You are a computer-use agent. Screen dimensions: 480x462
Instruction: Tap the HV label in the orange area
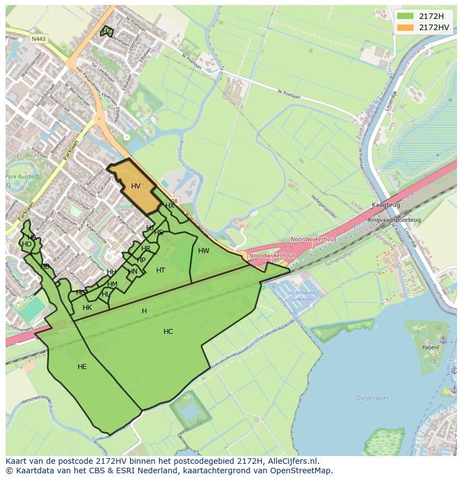tap(136, 186)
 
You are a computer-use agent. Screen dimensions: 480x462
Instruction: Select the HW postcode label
tap(204, 251)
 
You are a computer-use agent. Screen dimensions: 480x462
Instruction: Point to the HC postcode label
tap(168, 332)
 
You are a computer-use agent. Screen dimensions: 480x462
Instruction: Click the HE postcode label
tap(82, 367)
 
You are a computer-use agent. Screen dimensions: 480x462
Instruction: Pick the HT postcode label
tap(161, 270)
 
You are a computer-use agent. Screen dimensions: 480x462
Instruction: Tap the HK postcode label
tap(87, 308)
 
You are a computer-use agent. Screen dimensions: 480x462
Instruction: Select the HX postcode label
tap(170, 206)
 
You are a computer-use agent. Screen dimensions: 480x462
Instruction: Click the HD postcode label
tap(27, 244)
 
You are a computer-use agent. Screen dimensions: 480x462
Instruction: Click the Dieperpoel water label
tap(368, 398)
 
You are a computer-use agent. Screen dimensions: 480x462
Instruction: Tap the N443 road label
tap(38, 39)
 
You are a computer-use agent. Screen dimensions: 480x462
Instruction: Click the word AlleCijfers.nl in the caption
tap(293, 462)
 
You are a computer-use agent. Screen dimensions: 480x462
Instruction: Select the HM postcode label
tap(112, 284)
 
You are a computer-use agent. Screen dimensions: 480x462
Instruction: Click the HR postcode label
tap(146, 249)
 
